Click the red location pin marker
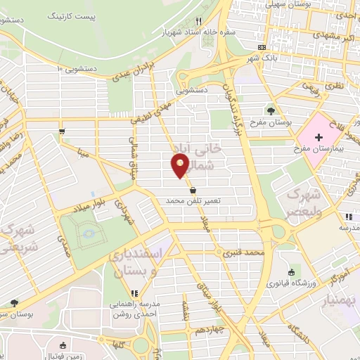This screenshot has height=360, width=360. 180,165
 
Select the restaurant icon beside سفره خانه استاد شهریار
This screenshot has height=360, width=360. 199,22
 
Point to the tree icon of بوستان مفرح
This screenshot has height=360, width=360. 271,110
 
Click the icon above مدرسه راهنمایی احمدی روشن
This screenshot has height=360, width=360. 133,294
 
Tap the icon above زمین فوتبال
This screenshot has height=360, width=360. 63,345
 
